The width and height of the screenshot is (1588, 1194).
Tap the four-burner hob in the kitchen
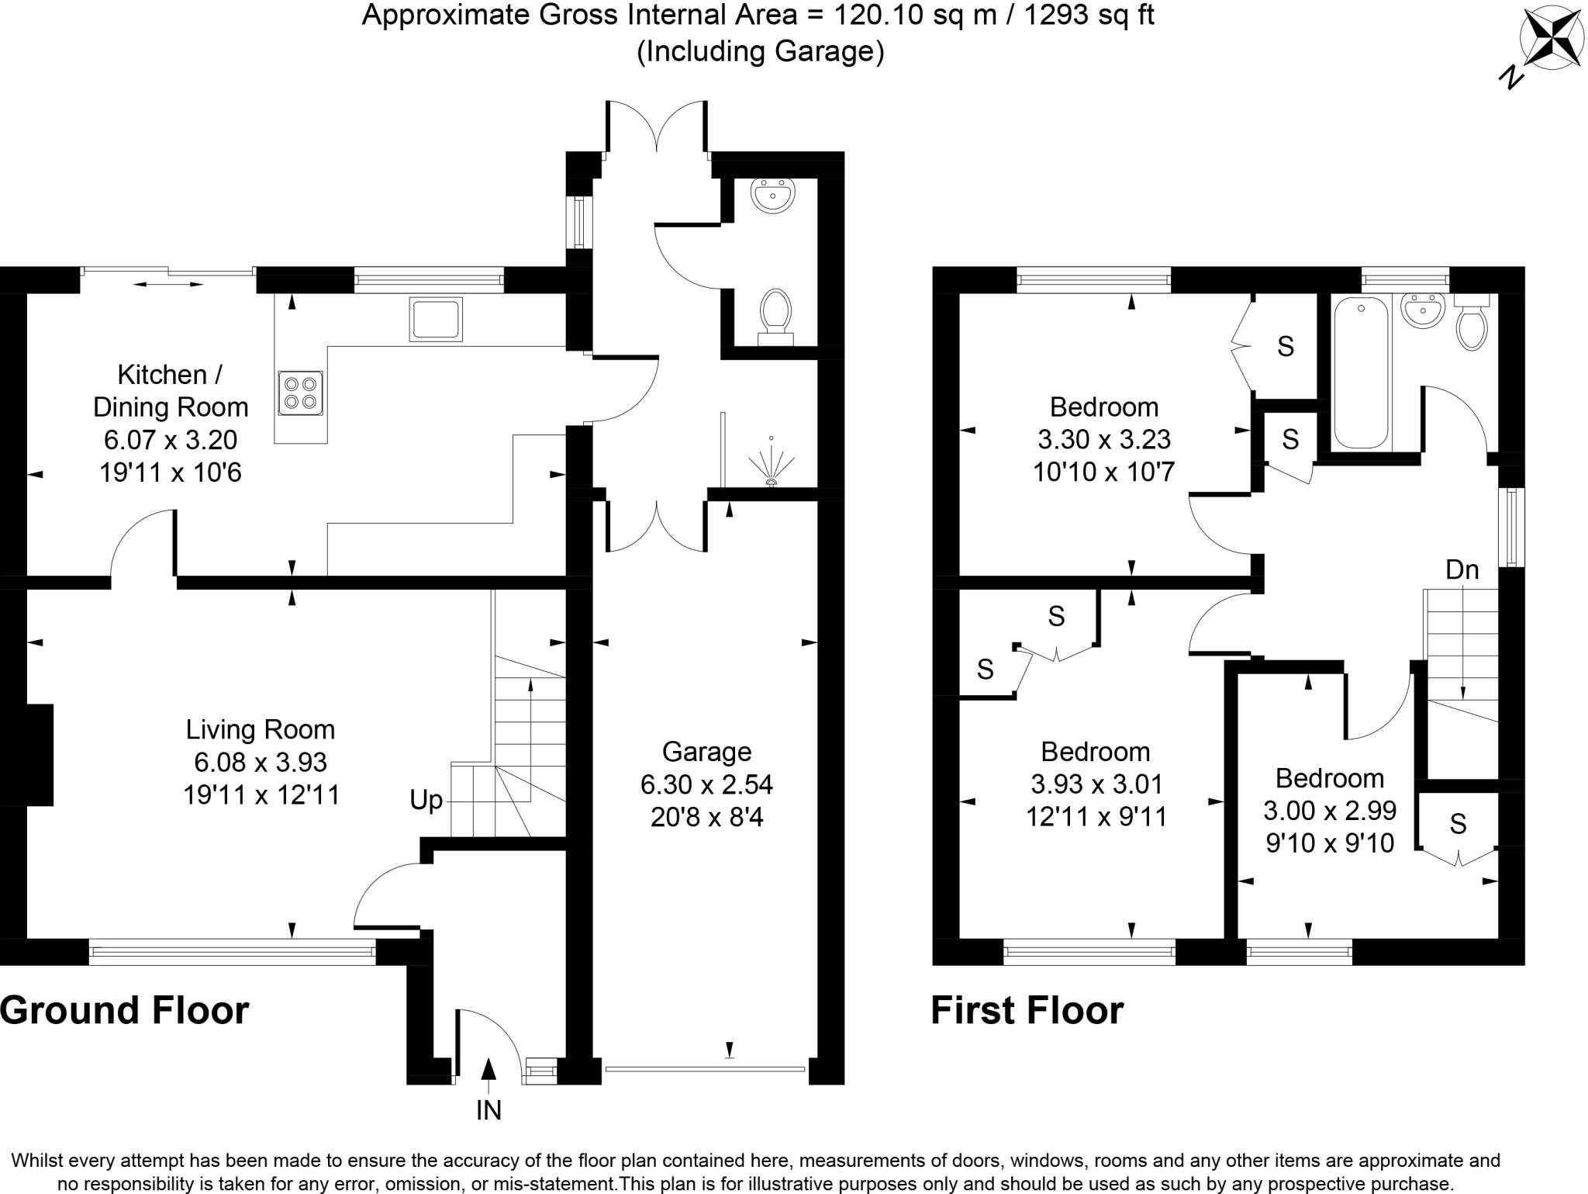click(300, 393)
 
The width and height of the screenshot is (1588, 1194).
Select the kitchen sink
click(436, 319)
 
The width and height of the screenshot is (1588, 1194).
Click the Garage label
click(706, 752)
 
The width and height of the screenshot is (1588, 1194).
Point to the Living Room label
click(261, 729)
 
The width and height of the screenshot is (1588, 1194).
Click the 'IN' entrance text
click(488, 1111)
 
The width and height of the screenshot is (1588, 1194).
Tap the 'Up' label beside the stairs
click(426, 800)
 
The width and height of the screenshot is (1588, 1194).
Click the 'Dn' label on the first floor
click(1462, 570)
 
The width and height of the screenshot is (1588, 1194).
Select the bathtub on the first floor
click(1361, 372)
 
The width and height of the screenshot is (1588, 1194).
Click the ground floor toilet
click(775, 314)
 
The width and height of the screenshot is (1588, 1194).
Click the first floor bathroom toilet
click(1471, 324)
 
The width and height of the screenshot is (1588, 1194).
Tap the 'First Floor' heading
click(1027, 1011)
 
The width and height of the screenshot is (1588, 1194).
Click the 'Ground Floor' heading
click(125, 1011)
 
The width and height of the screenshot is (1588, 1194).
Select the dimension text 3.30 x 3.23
click(1104, 440)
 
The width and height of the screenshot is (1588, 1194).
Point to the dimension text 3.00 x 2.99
click(1330, 811)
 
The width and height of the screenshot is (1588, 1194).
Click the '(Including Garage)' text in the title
click(760, 51)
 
